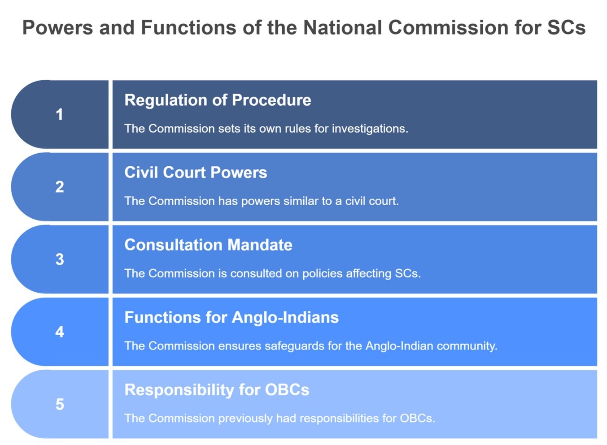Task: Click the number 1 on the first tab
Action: pos(59,114)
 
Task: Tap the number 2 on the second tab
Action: pos(60,187)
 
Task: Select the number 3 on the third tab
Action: pos(60,259)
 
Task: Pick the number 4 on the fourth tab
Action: pos(60,332)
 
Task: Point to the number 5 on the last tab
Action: pos(60,404)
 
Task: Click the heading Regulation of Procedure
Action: pos(218,100)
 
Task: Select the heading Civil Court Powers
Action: pos(196,173)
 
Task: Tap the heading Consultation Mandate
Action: pos(208,245)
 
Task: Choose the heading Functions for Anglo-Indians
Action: pos(231,317)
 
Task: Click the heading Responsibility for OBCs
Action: pos(217,390)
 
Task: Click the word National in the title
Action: pos(342,27)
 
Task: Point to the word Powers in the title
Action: pos(57,27)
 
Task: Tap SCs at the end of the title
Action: pos(566,27)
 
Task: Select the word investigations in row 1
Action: pos(370,129)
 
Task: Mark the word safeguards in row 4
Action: pos(294,346)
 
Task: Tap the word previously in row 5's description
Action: pos(245,419)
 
